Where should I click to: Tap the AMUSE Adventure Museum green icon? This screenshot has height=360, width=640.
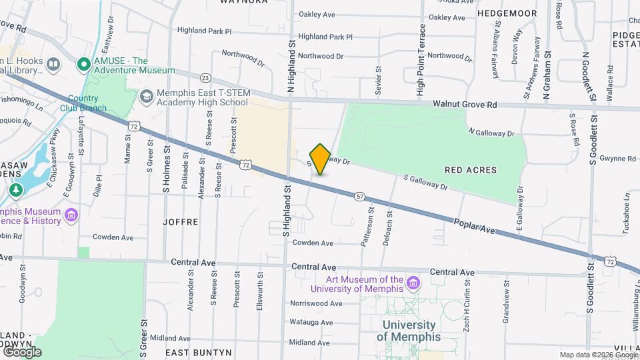tap(83, 65)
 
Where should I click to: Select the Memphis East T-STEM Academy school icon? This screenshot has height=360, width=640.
tap(145, 97)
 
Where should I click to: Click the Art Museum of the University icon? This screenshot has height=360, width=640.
tap(413, 284)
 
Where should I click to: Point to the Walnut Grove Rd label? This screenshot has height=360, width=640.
tap(465, 105)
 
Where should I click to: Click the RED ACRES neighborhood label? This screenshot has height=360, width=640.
tap(471, 170)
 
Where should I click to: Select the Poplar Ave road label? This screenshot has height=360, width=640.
tap(475, 225)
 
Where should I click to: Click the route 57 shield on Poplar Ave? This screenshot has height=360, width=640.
tap(360, 196)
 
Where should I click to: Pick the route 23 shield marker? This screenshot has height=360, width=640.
tap(205, 78)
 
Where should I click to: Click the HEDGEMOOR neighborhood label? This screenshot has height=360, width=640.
tap(507, 13)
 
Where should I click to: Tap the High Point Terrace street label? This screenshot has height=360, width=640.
tap(421, 61)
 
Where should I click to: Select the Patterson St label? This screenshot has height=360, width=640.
tap(367, 227)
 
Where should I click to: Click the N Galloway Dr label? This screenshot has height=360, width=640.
tap(491, 133)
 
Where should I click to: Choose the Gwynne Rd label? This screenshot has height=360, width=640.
tap(617, 159)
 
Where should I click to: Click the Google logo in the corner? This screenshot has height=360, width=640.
tap(22, 351)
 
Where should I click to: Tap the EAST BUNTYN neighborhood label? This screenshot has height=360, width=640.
tap(198, 352)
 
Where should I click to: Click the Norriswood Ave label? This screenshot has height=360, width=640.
tap(316, 303)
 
